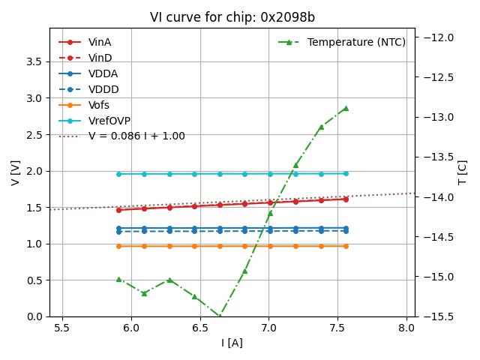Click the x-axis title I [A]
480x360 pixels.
pyautogui.click(x=232, y=343)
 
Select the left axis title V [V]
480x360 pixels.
pyautogui.click(x=16, y=172)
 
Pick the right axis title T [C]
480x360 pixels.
pyautogui.click(x=462, y=172)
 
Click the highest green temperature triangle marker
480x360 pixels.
pyautogui.click(x=346, y=108)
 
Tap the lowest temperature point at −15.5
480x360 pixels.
pyautogui.click(x=220, y=316)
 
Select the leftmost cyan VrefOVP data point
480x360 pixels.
pyautogui.click(x=118, y=174)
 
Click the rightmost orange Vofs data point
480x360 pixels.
pyautogui.click(x=346, y=246)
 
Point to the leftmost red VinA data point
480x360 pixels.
pyautogui.click(x=118, y=210)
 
